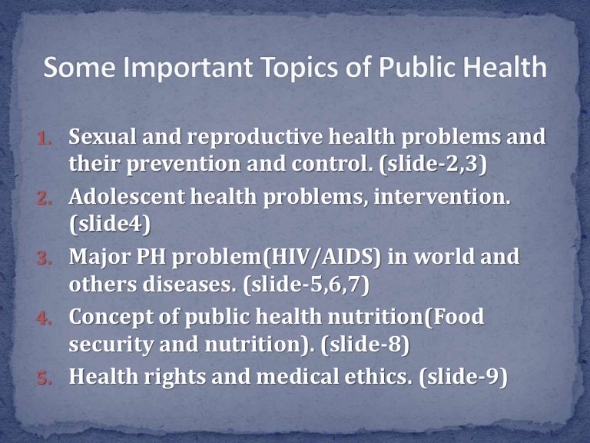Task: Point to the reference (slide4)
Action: [x=100, y=223]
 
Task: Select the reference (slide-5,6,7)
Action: [x=306, y=282]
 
